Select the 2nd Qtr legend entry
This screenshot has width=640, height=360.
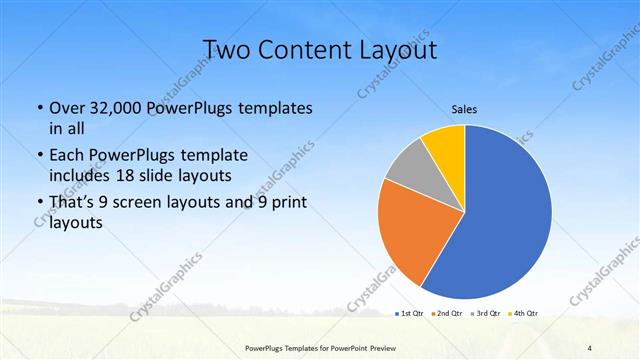point(446,314)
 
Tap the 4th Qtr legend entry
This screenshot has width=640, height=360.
point(522,314)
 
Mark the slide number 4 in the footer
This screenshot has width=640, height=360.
point(590,348)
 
